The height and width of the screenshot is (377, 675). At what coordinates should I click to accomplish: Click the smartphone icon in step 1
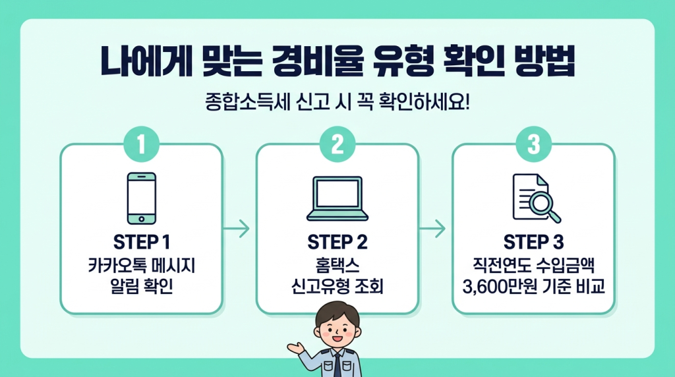tap(141, 198)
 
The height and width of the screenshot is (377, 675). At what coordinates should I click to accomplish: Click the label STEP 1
tap(141, 242)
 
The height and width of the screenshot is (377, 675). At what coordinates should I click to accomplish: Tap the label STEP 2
tap(337, 243)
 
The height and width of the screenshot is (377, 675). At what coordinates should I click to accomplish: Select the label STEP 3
tap(533, 242)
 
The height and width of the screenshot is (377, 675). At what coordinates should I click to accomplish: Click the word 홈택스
tap(337, 266)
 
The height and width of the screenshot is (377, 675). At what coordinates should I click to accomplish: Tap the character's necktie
tap(337, 364)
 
